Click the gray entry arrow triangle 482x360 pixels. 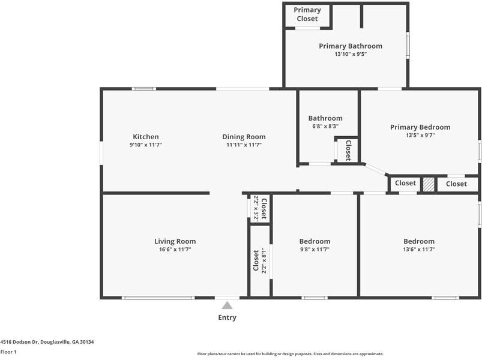pos(227,305)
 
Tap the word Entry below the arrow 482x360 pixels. pos(227,317)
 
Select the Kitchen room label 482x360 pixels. pos(146,137)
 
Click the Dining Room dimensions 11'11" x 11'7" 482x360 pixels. pos(244,145)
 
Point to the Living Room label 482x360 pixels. pos(175,241)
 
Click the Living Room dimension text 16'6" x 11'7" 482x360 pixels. pos(175,250)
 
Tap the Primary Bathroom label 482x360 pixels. pos(351,46)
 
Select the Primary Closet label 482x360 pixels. pos(307,14)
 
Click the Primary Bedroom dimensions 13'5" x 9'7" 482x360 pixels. pos(420,135)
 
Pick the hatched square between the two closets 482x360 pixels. pos(429,184)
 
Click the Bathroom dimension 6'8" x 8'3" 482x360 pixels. pos(325,126)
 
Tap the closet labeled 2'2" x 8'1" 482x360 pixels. pos(259,260)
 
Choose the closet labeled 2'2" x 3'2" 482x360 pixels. pos(260,209)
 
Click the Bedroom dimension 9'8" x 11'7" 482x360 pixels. pos(315,250)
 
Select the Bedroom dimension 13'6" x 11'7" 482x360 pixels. pos(419,250)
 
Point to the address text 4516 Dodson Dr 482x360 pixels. pos(19,342)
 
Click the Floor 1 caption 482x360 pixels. pos(8,352)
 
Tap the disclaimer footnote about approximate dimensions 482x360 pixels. pos(290,354)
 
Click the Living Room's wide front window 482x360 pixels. pos(158,298)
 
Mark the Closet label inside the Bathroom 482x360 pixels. pos(348,151)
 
